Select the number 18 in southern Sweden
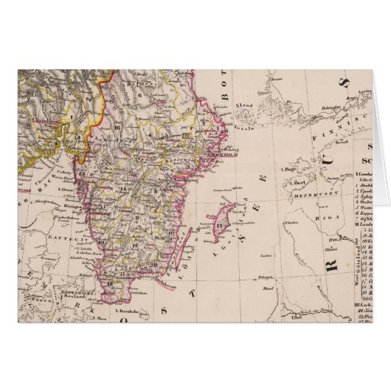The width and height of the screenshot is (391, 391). point(110,283)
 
